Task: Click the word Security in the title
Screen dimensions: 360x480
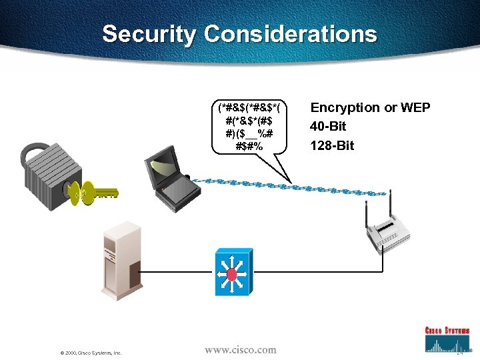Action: click(x=150, y=34)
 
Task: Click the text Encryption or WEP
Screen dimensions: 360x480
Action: click(x=370, y=108)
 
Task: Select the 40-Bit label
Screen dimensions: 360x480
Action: click(x=328, y=127)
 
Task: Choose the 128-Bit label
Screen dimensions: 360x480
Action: click(x=332, y=145)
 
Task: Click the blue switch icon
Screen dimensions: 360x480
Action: click(x=233, y=273)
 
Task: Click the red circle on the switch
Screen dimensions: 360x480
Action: click(x=233, y=274)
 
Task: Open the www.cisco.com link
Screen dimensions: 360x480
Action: click(x=240, y=350)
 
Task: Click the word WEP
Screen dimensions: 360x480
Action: click(x=414, y=108)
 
